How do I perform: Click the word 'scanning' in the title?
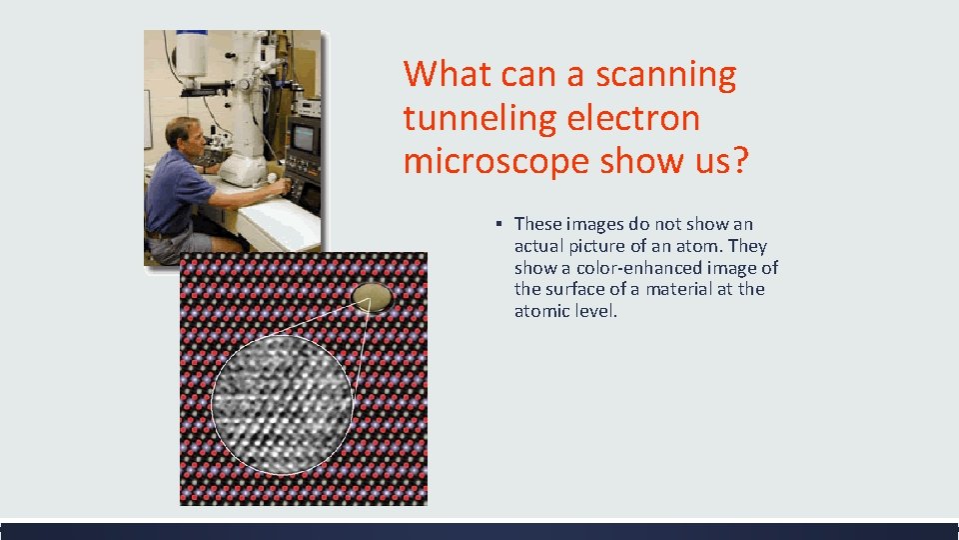666,75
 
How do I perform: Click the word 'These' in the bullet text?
537,224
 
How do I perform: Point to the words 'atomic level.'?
565,312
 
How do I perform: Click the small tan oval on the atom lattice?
373,296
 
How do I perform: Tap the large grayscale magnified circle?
283,404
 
